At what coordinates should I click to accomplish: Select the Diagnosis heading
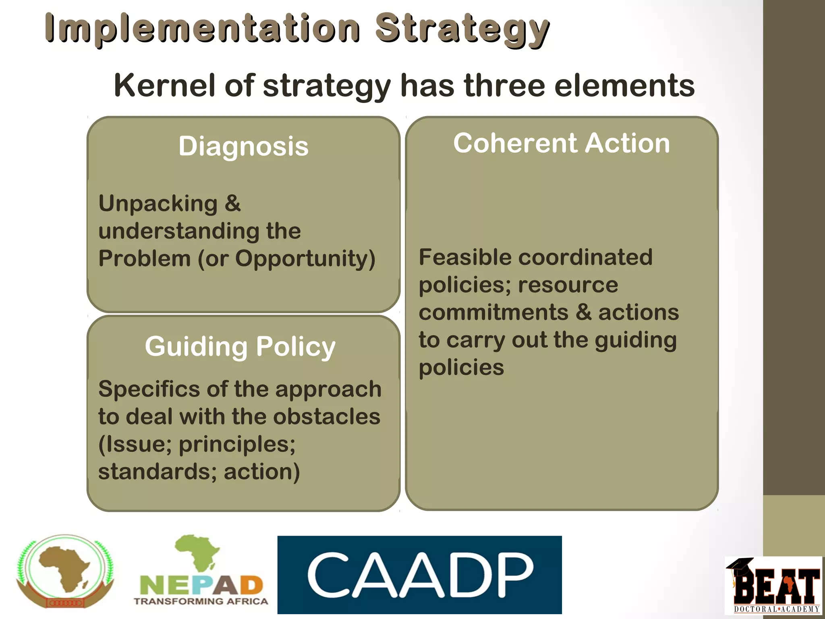pos(243,146)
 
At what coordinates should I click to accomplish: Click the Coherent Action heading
pos(562,143)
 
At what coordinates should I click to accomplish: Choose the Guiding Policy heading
pos(240,347)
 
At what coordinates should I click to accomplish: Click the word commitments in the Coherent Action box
pos(493,312)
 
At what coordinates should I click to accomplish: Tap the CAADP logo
pos(419,575)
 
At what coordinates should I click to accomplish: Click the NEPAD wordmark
pos(201,585)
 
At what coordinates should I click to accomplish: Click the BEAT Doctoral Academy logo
pos(773,586)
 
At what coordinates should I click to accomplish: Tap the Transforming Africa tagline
pos(201,601)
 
